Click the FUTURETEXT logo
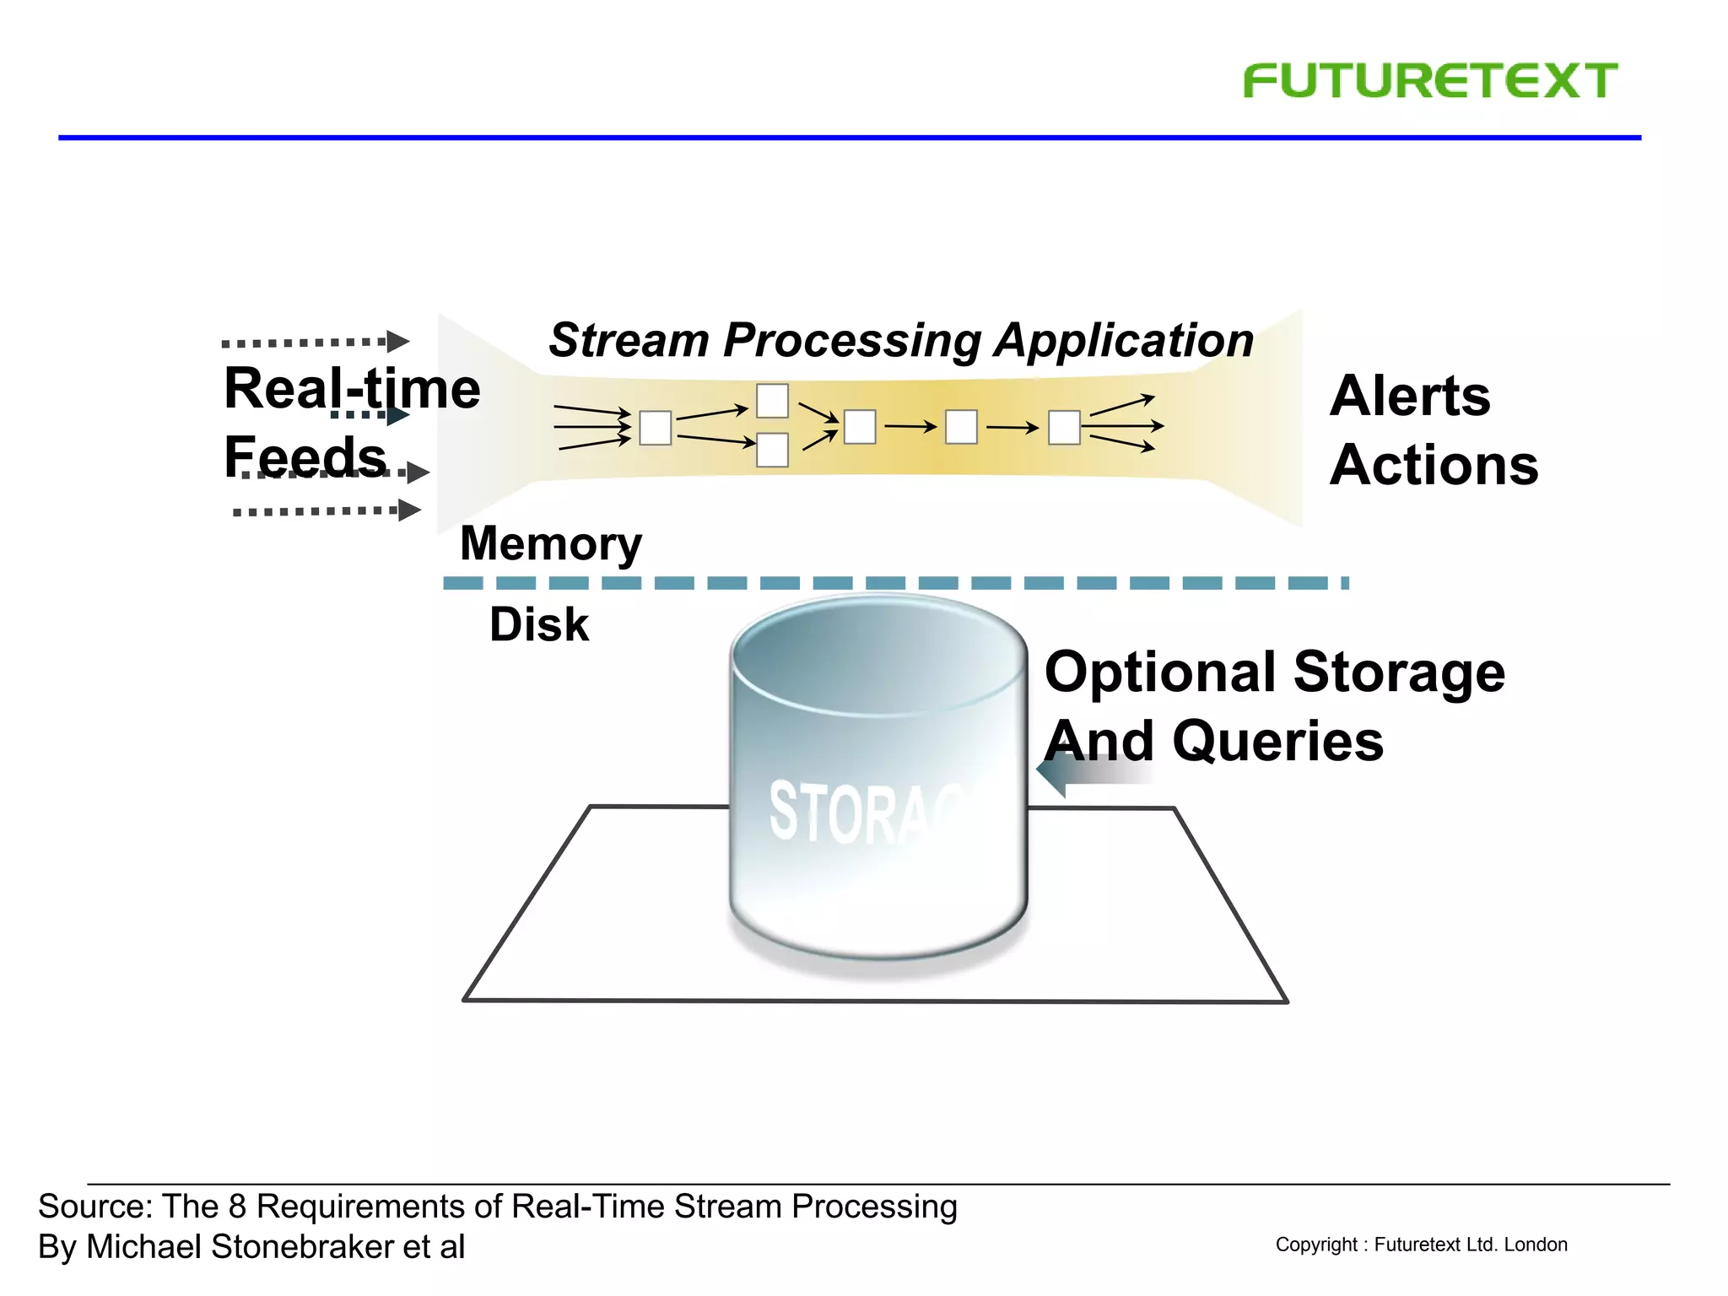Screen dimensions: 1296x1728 (x=1429, y=81)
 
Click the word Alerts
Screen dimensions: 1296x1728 (x=1409, y=396)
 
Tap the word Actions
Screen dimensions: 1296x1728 (x=1434, y=465)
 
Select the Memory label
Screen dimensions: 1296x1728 (x=550, y=543)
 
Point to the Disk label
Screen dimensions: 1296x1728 (x=538, y=624)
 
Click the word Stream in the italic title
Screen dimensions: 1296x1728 (x=629, y=340)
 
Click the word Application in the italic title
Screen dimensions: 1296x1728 (x=1123, y=340)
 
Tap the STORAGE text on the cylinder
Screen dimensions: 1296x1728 (x=869, y=813)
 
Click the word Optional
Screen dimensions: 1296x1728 (x=1162, y=672)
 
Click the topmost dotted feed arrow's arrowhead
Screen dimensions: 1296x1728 (x=398, y=341)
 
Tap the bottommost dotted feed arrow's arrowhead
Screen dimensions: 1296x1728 (x=409, y=510)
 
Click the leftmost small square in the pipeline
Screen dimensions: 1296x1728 (x=655, y=428)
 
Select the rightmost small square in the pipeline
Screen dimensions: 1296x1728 (x=1063, y=428)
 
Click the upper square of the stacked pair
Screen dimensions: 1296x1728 (x=771, y=401)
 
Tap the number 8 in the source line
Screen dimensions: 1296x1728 (x=237, y=1207)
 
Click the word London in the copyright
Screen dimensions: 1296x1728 (x=1536, y=1245)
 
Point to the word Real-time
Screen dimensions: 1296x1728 (x=352, y=389)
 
